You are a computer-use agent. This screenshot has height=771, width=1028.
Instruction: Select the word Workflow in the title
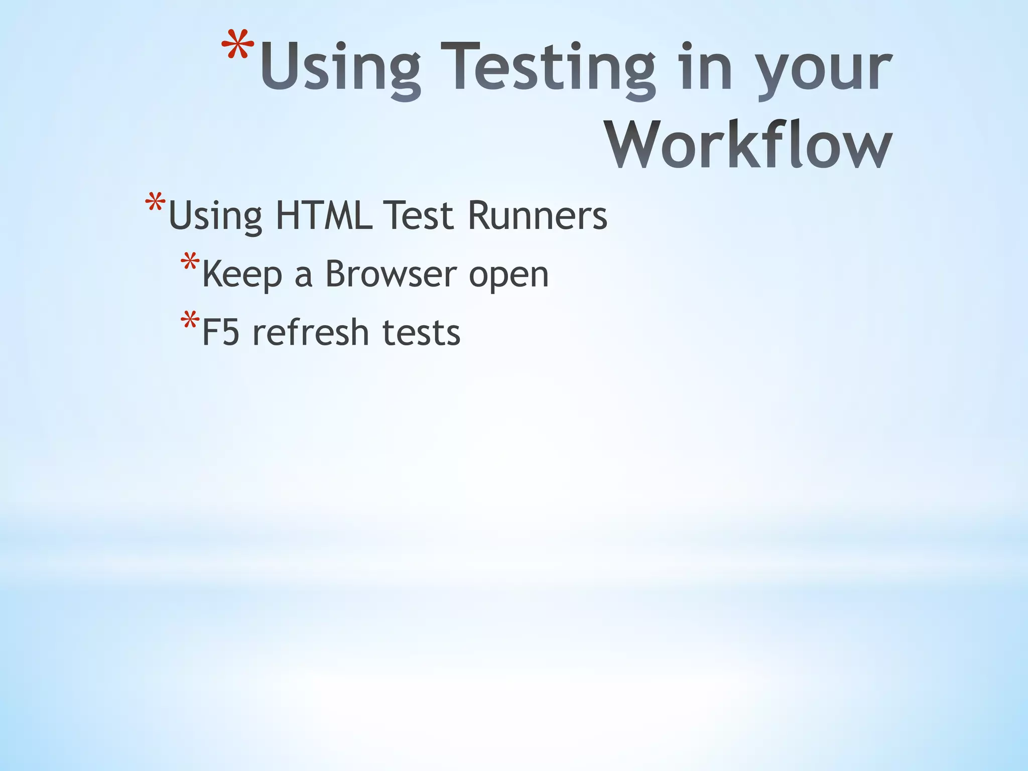tap(749, 146)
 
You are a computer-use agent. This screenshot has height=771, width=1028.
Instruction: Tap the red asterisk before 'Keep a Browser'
tap(190, 263)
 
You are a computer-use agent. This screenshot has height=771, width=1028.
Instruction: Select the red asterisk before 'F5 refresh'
tap(190, 321)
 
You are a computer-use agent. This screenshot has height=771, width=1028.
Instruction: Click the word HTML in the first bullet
tap(324, 216)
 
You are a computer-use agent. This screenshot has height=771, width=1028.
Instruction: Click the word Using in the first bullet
tap(215, 217)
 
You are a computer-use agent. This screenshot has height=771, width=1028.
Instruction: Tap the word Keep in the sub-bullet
tap(242, 275)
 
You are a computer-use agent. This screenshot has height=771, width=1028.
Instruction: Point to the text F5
tap(220, 332)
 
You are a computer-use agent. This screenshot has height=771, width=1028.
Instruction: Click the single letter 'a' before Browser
tap(303, 276)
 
